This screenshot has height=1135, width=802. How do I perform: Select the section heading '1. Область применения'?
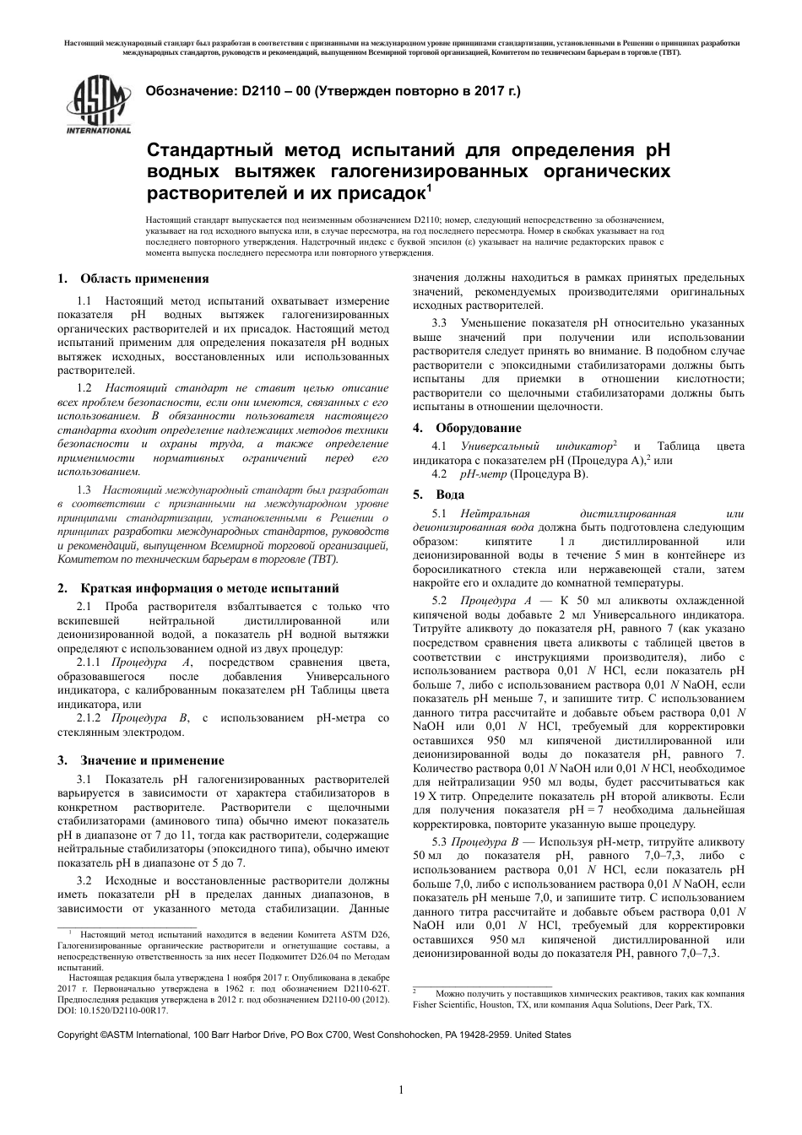pyautogui.click(x=133, y=279)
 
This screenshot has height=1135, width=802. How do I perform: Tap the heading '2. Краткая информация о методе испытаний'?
pyautogui.click(x=198, y=588)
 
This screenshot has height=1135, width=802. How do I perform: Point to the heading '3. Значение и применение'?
pyautogui.click(x=140, y=759)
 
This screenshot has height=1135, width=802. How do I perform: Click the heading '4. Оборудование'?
pyautogui.click(x=467, y=428)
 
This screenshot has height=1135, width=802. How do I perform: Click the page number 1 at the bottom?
pyautogui.click(x=401, y=1089)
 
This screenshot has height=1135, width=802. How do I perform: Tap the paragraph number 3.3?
pyautogui.click(x=439, y=323)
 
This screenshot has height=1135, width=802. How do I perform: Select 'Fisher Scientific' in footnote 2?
pyautogui.click(x=447, y=1005)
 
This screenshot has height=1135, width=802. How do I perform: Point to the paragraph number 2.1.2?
pyautogui.click(x=93, y=717)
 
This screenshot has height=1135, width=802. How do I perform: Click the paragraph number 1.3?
pyautogui.click(x=84, y=489)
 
